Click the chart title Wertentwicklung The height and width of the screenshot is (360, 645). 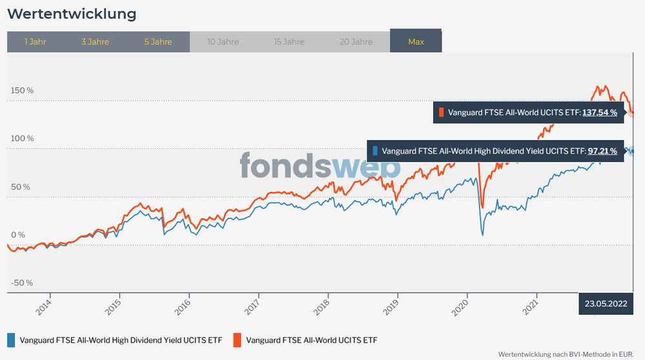72,14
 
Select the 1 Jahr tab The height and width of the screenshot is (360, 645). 35,42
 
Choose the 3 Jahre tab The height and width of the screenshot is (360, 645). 95,42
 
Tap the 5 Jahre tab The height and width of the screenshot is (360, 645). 158,42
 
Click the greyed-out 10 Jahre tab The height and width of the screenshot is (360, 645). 223,42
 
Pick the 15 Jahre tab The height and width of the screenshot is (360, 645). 289,42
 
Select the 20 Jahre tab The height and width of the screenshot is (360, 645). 356,42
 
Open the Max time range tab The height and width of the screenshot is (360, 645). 416,42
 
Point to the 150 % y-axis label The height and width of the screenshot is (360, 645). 21,90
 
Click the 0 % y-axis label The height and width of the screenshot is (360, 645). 17,235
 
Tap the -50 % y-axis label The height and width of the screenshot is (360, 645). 21,283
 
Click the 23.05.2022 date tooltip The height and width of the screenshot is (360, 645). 605,303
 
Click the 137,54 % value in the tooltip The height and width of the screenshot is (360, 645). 600,112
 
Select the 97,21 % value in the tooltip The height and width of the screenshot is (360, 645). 602,151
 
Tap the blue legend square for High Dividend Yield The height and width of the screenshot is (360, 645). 11,339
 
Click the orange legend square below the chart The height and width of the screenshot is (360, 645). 237,339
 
